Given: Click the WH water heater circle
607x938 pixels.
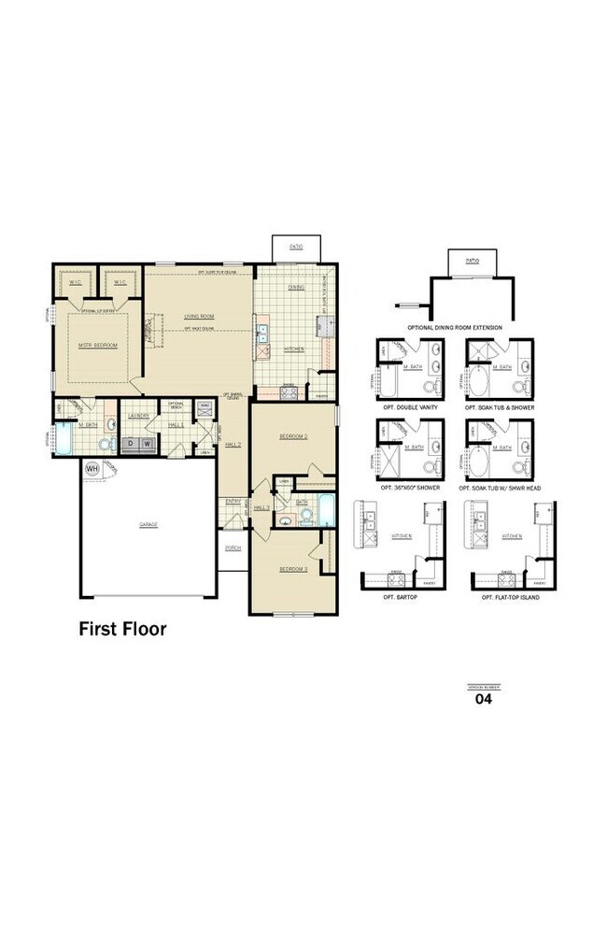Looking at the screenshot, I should pos(92,467).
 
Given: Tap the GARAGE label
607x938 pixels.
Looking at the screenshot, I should pos(148,525).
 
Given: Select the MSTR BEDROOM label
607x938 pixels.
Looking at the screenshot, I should pos(97,346).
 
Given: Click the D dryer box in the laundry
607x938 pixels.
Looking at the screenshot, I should pos(132,444).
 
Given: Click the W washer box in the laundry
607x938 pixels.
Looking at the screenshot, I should pos(148,444).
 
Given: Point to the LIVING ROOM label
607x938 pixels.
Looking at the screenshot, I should pos(198,316).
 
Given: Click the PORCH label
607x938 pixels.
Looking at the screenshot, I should pos(233,548).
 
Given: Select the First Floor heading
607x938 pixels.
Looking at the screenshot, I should pos(121,629).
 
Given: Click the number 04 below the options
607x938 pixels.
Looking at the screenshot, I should pos(484,698).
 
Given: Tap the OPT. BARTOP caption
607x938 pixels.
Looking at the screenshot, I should pos(392,596).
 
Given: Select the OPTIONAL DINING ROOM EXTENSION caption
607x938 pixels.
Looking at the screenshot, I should pos(454,328).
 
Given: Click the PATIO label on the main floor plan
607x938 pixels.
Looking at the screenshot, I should pos(295,247).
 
